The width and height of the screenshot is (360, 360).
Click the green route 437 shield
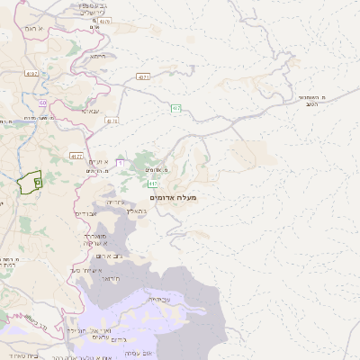coord(176,109)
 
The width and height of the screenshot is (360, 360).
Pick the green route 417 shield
coord(152,183)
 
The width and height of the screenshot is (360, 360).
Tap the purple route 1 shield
coord(119,162)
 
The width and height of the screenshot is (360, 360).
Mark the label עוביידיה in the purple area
coord(159,298)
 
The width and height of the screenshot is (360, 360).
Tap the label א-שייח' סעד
coord(88,270)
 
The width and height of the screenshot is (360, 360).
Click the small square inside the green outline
coord(37,182)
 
